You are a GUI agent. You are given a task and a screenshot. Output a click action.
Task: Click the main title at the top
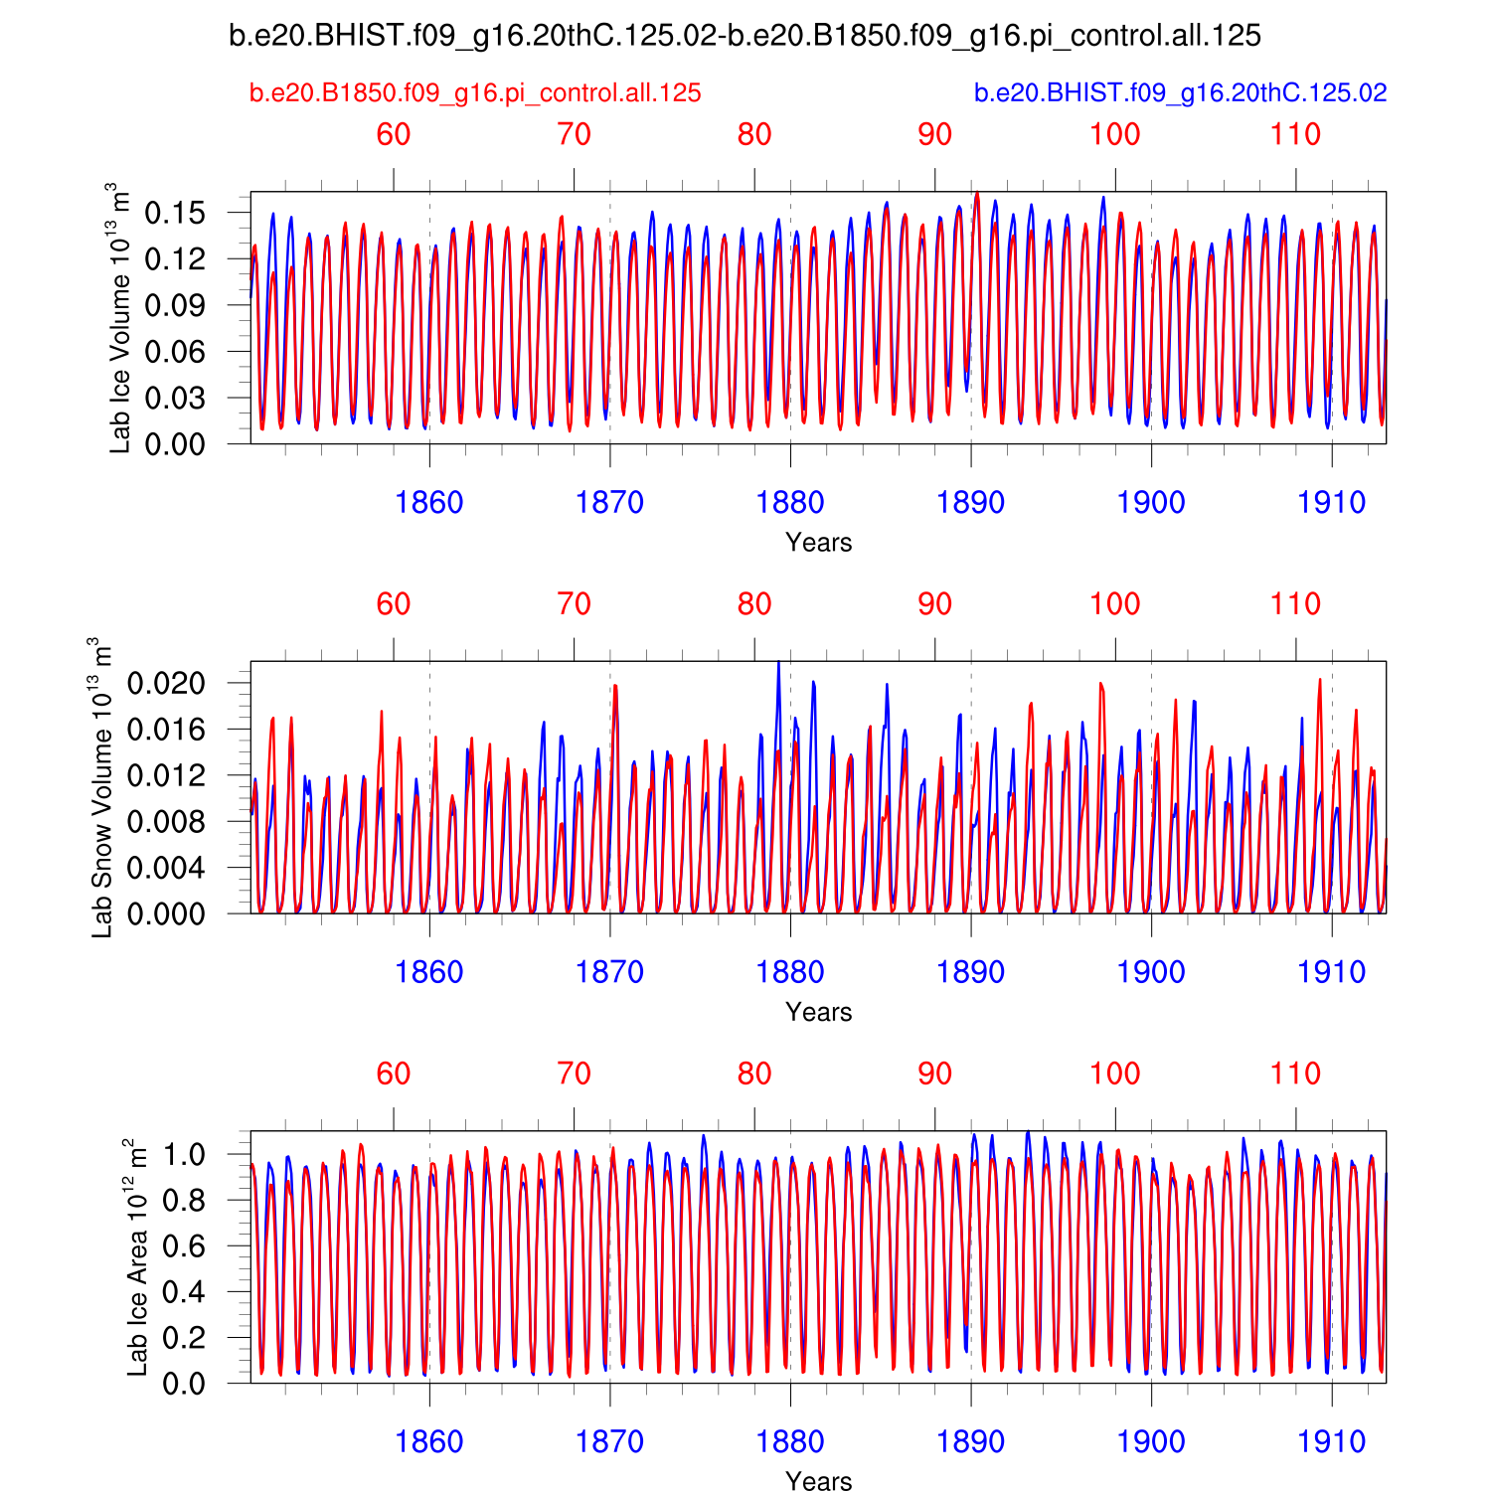pos(745,36)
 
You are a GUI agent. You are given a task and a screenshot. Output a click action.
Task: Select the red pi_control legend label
pos(475,93)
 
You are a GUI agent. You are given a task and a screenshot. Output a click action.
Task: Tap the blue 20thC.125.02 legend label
pos(1180,93)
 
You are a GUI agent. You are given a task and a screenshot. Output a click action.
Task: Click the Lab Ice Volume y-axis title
pos(119,318)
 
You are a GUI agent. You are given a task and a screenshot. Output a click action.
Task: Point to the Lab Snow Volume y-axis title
pos(101,787)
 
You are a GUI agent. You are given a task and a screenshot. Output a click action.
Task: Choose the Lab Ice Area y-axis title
pos(137,1257)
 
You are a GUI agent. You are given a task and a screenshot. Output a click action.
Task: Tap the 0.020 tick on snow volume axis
pos(166,683)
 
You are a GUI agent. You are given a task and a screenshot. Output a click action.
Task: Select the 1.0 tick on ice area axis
pos(184,1154)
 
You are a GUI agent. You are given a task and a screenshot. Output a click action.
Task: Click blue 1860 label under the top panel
pos(429,503)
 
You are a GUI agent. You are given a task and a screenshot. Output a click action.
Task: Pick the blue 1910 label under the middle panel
pos(1332,972)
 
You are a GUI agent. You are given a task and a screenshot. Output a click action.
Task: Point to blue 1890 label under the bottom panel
pos(970,1441)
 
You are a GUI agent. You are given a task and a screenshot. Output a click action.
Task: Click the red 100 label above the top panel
pos(1115,135)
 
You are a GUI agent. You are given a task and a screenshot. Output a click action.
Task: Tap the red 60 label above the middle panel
pos(394,604)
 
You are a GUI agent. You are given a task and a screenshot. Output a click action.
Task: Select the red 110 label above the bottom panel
pos(1295,1074)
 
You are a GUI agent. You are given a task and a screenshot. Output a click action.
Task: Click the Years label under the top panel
pos(818,543)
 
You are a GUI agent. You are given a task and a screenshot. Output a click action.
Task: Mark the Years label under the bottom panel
pos(818,1481)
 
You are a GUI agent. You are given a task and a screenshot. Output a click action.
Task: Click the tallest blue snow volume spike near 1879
pos(778,664)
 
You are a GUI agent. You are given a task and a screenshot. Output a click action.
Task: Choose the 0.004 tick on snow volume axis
pos(166,868)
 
